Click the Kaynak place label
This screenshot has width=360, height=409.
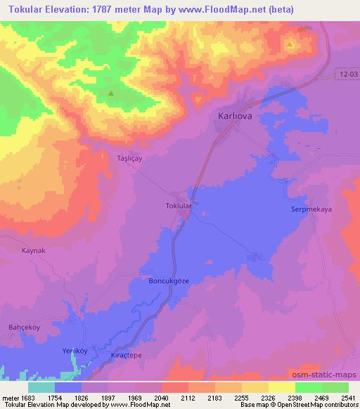[x=33, y=250]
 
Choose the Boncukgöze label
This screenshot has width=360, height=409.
[x=169, y=280]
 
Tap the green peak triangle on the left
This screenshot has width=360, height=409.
[x=110, y=92]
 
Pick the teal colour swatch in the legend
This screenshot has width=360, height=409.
[x=41, y=387]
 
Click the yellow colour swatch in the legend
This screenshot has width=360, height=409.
[x=282, y=387]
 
